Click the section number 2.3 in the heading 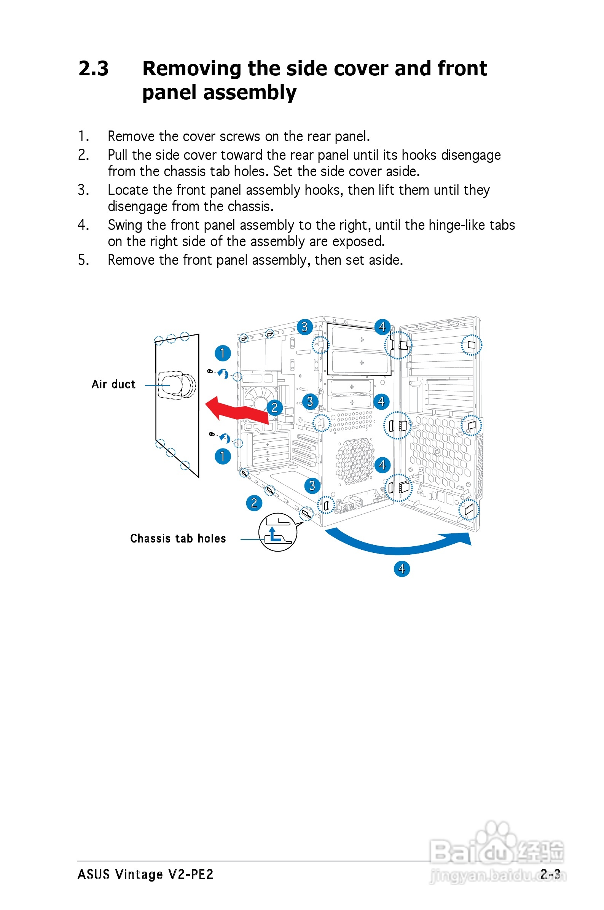[93, 69]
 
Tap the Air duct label [113, 384]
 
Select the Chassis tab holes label [178, 539]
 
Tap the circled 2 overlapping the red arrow [274, 407]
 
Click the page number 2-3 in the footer [550, 875]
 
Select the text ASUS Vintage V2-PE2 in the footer [145, 875]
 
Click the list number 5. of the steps [83, 260]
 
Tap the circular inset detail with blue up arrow [277, 532]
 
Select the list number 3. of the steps [83, 190]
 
